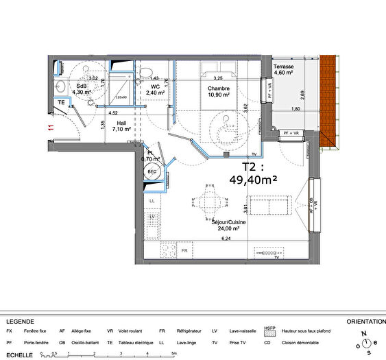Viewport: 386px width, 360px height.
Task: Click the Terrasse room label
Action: tap(284, 67)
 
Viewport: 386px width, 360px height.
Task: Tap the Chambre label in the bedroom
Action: tap(219, 88)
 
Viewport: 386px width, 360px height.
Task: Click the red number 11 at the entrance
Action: tap(50, 126)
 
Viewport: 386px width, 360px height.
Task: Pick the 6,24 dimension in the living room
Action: tap(226, 239)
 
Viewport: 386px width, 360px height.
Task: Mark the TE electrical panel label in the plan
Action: tap(61, 102)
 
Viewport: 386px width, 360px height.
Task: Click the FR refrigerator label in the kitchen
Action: tap(184, 250)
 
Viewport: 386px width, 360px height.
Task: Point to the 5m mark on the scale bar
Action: tap(174, 352)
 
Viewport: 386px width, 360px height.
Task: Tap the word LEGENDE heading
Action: tap(21, 322)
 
